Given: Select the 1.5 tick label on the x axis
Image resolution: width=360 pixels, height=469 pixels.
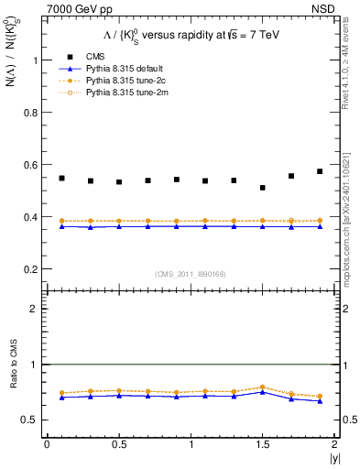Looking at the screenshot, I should tap(263, 444).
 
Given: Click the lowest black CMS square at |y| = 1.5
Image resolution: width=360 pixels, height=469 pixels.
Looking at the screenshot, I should tap(263, 188).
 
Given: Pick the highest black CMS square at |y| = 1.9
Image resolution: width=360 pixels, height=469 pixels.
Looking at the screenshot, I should tap(320, 171).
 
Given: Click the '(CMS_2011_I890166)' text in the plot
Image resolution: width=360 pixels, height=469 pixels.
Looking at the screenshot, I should tap(190, 273).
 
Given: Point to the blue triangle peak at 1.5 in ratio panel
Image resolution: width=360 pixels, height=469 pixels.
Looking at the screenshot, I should tap(263, 391).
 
